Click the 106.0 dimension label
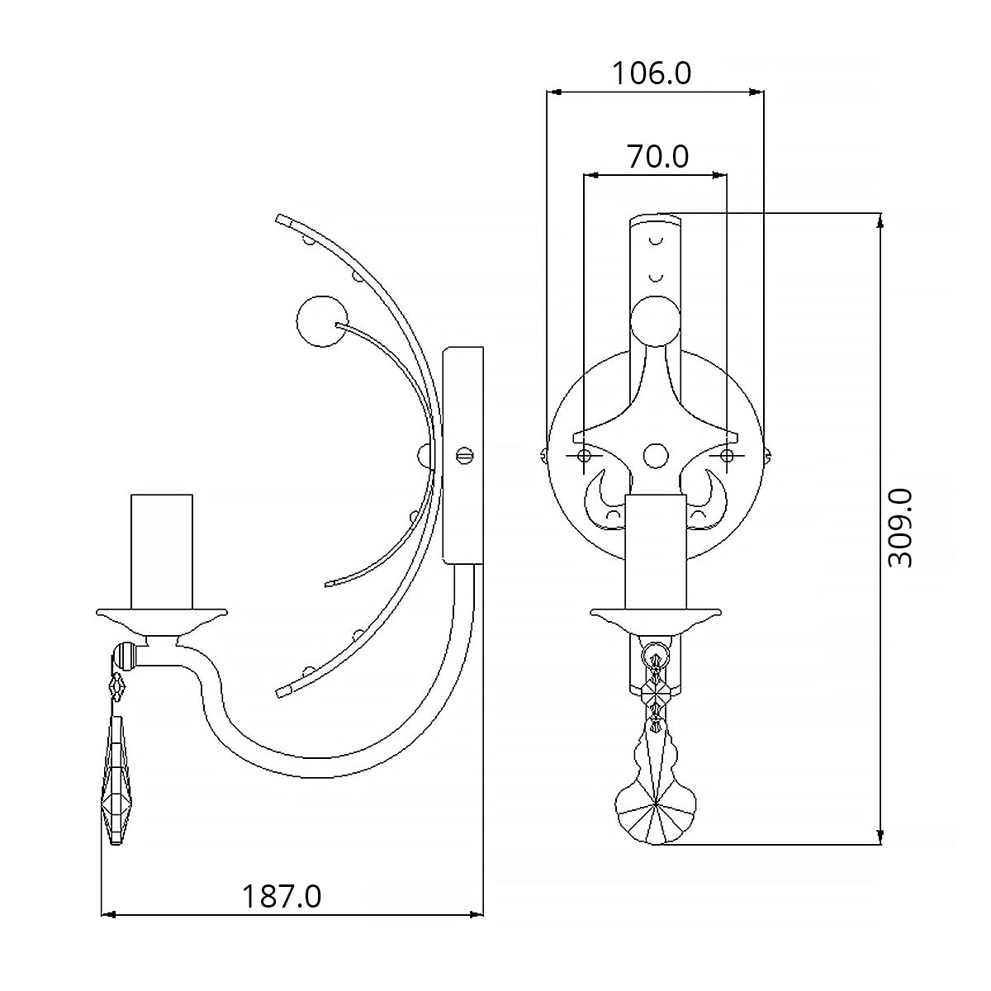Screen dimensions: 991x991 click(x=652, y=73)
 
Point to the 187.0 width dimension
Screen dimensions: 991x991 click(x=282, y=896)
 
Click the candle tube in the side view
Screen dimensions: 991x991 click(x=162, y=552)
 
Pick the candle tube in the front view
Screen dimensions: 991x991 click(x=656, y=552)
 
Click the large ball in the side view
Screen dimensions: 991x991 click(x=322, y=321)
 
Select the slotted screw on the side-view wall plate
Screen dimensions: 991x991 click(x=464, y=455)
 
